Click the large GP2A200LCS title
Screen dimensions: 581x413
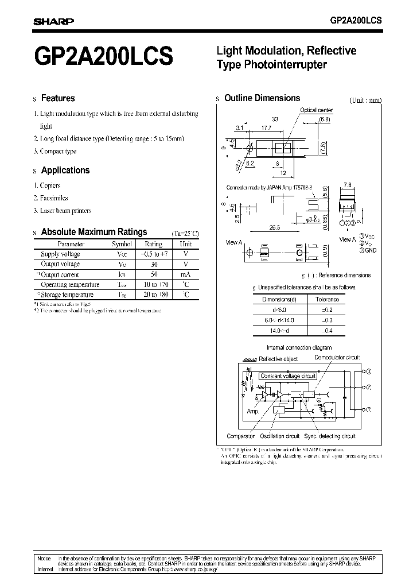point(103,58)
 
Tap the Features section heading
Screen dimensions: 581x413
point(58,98)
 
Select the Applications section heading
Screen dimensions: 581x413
point(65,171)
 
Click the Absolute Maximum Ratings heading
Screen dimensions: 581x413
point(94,232)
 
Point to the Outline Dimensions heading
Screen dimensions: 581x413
point(262,98)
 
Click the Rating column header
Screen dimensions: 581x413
point(154,244)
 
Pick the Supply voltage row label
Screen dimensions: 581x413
point(60,254)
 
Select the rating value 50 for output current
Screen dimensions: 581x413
point(154,274)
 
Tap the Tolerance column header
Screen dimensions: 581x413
point(328,299)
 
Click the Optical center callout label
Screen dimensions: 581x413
point(316,110)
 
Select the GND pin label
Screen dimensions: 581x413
point(371,250)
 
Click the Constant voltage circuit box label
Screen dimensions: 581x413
point(288,376)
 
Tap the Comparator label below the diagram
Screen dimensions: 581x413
point(240,436)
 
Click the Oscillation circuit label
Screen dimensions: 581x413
point(280,436)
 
